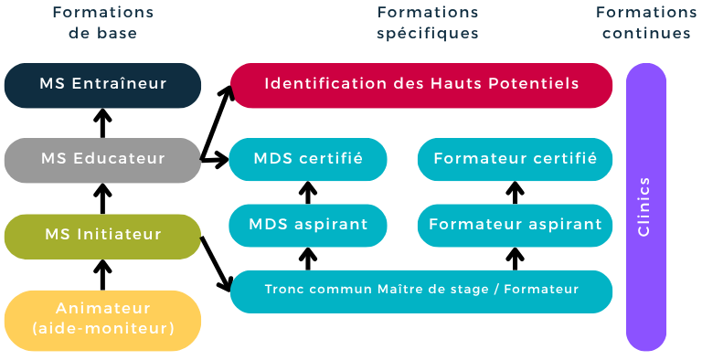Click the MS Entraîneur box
point(102,85)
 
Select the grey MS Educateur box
point(102,160)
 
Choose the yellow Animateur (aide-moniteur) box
point(102,321)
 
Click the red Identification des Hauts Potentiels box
point(421,85)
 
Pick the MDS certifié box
point(308,159)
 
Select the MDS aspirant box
point(308,225)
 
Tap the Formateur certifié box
point(515,159)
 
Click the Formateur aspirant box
point(515,225)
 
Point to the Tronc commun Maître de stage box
point(421,291)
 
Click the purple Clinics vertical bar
point(646,206)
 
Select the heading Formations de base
point(103,23)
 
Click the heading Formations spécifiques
point(428,23)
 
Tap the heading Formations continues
point(646,23)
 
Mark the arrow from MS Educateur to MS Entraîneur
point(102,123)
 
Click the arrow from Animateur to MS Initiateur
point(102,275)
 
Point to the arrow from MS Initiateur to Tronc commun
point(217,264)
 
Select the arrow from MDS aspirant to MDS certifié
point(308,193)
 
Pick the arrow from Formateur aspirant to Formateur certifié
point(515,193)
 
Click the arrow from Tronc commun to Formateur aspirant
point(515,259)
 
